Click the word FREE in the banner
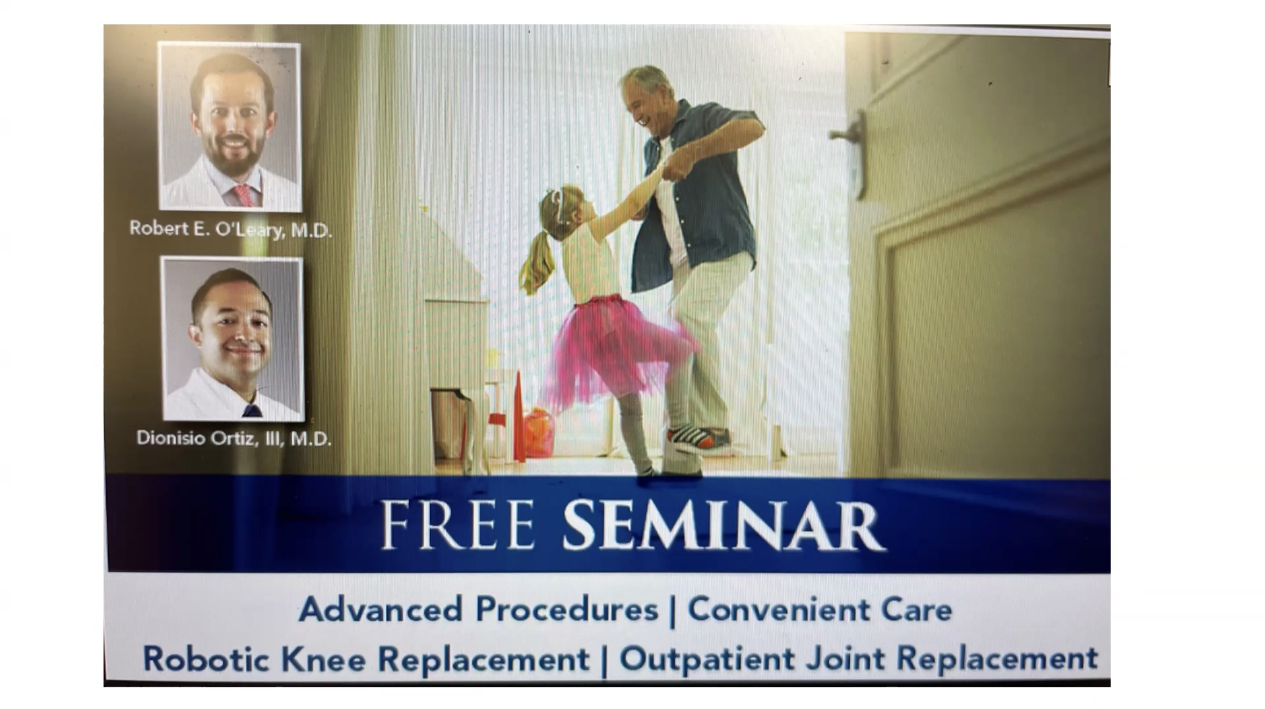pos(458,525)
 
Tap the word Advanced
pos(381,609)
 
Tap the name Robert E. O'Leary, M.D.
pos(230,229)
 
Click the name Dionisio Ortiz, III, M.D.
pos(233,438)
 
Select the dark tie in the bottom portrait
pos(251,411)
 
